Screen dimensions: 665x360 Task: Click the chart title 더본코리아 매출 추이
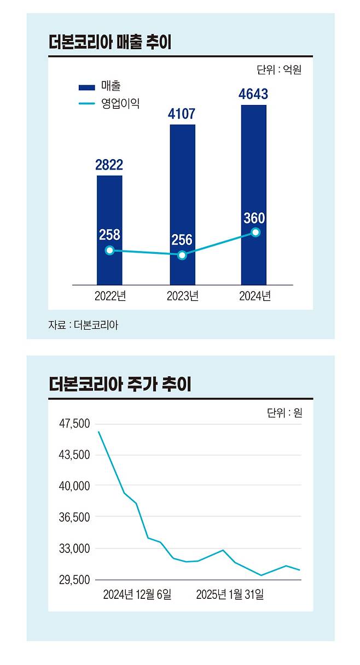(110, 43)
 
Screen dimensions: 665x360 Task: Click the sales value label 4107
(182, 114)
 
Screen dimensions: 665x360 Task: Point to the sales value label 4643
(253, 94)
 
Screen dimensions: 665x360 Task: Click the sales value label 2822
(109, 165)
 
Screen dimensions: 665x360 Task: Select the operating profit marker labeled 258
(109, 250)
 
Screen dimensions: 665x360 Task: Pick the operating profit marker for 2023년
(182, 255)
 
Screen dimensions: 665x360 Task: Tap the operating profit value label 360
(254, 219)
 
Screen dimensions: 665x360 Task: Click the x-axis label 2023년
(182, 296)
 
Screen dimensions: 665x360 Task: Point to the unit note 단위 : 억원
(278, 70)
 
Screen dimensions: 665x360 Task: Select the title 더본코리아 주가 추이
(119, 384)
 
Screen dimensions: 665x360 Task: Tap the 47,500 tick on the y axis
(74, 424)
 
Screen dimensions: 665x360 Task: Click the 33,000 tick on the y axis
(74, 549)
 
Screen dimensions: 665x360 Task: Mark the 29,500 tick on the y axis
(74, 580)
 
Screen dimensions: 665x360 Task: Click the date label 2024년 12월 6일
(137, 594)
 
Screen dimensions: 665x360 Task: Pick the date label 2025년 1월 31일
(230, 594)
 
